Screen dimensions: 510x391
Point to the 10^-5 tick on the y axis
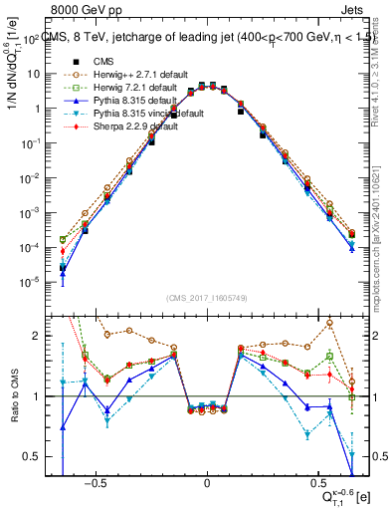click(35, 282)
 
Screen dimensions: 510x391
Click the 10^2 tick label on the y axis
click(37, 40)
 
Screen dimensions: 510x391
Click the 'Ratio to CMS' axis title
click(13, 396)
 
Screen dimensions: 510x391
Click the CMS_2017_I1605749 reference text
click(206, 298)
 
